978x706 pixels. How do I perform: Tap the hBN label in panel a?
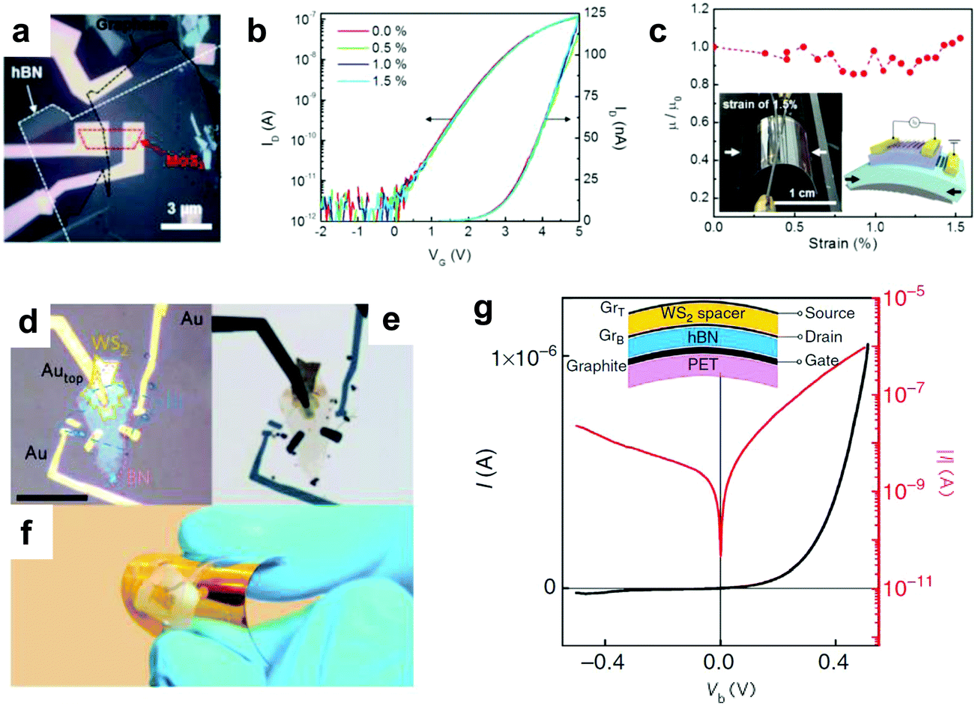26,74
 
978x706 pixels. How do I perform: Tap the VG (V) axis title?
449,254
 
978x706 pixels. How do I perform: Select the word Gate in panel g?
821,361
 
